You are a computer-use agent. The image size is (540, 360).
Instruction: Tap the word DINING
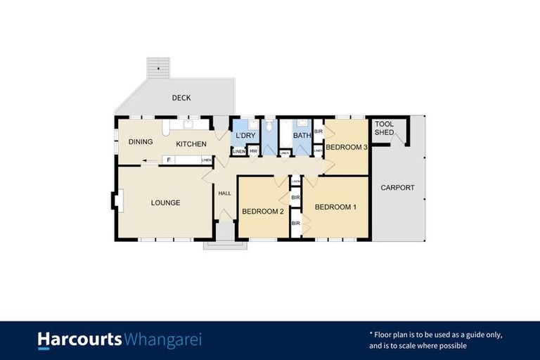coord(141,142)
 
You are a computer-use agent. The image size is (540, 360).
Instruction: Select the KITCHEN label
coord(191,144)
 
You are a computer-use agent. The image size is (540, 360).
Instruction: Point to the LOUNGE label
coord(166,203)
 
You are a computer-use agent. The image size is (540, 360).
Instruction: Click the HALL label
coord(225,193)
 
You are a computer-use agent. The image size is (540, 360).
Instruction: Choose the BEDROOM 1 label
coord(335,207)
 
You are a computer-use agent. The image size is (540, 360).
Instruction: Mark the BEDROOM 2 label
coord(262,211)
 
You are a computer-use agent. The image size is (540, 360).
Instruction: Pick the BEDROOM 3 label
coord(347,147)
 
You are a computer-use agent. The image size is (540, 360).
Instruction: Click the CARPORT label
coord(397,188)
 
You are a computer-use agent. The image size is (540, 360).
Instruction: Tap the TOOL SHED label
coord(385,129)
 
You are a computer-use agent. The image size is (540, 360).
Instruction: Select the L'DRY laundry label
coord(245,135)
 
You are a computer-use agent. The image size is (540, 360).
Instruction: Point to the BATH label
coord(302,136)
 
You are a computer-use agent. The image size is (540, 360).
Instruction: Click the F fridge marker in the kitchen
coord(168,160)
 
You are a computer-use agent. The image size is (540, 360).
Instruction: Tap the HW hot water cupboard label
coord(253,151)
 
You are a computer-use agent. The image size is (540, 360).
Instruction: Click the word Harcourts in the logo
coord(79,340)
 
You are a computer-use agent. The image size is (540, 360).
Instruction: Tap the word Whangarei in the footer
coord(162,340)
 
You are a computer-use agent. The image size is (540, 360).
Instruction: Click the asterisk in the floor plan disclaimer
coord(371,334)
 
